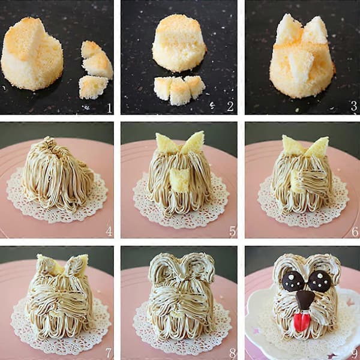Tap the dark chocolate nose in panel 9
[305, 299]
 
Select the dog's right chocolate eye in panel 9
[320, 282]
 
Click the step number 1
[110, 108]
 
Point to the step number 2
[230, 106]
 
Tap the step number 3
[354, 106]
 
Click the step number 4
[109, 231]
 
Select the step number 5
[232, 231]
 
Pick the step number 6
[355, 232]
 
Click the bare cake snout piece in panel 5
[180, 180]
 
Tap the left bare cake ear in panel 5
[166, 143]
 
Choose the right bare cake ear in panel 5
[193, 142]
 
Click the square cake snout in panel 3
[301, 64]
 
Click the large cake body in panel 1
[32, 54]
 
